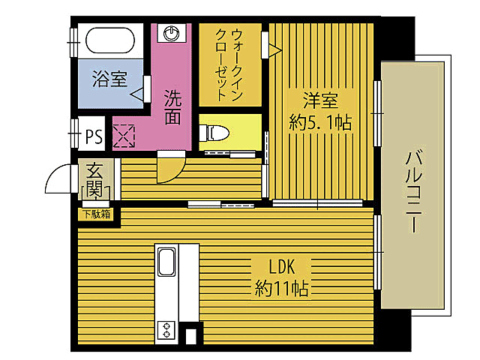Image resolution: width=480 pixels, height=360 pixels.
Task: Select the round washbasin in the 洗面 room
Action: pyautogui.click(x=172, y=34)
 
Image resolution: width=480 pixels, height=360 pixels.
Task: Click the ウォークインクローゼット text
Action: pyautogui.click(x=227, y=64)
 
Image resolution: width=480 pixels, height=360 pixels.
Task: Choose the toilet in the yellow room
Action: pyautogui.click(x=217, y=133)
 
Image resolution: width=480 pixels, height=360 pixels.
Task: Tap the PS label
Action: pyautogui.click(x=94, y=136)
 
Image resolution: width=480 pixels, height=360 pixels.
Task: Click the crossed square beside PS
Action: pyautogui.click(x=123, y=136)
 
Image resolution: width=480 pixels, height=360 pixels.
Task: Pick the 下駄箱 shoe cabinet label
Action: pyautogui.click(x=95, y=214)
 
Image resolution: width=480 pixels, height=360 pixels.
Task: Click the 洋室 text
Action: pyautogui.click(x=320, y=99)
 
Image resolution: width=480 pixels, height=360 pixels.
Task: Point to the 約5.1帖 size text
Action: pyautogui.click(x=320, y=122)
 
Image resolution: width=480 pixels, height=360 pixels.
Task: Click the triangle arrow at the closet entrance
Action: pyautogui.click(x=275, y=50)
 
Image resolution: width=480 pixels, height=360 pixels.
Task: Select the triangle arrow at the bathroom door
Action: pyautogui.click(x=137, y=94)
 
